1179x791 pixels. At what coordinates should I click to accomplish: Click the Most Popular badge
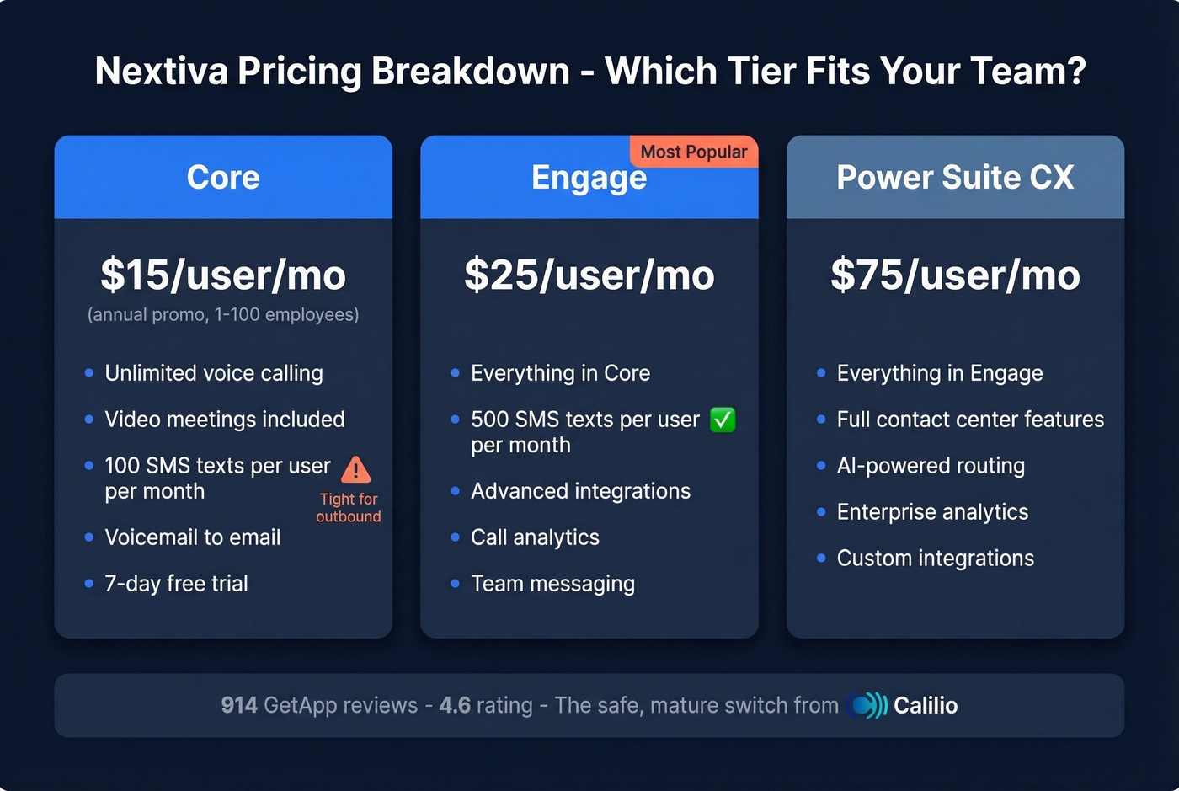click(x=694, y=152)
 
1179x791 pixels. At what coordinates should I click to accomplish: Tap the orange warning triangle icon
click(x=356, y=469)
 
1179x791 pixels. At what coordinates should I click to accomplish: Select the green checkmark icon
click(x=723, y=420)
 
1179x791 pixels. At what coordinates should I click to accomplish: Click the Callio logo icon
click(x=867, y=705)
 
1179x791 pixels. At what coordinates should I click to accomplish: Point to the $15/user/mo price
click(x=223, y=275)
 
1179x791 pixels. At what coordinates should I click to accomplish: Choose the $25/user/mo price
click(x=589, y=275)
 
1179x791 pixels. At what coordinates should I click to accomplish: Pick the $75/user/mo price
click(x=955, y=275)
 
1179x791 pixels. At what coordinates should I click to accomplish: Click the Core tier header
click(x=223, y=178)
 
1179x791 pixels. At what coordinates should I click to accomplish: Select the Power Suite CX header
click(x=955, y=178)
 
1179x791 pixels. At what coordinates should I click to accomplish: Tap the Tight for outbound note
click(x=349, y=508)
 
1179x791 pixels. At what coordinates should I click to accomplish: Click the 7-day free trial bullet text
click(x=176, y=584)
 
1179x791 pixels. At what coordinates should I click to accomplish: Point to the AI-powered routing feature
click(x=931, y=466)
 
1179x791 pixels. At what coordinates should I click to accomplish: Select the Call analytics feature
click(x=535, y=537)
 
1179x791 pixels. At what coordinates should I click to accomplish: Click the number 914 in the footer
click(x=239, y=705)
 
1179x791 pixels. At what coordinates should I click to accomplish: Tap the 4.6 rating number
click(x=455, y=705)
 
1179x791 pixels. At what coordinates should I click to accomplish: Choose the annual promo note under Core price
click(x=223, y=315)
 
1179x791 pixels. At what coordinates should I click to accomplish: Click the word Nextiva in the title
click(x=162, y=71)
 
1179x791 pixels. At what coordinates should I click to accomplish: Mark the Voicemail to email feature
click(x=193, y=537)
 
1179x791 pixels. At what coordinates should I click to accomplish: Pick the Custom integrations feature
click(x=935, y=559)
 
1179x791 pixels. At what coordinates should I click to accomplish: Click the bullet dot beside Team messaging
click(x=455, y=584)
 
